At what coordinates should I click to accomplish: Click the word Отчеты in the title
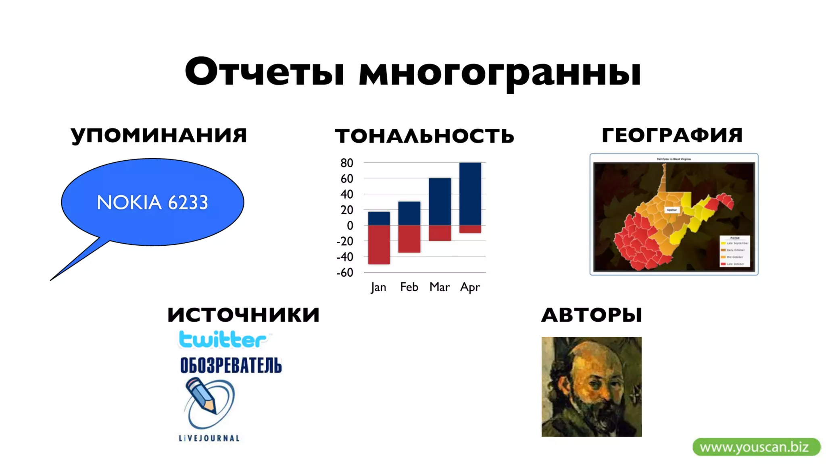264,72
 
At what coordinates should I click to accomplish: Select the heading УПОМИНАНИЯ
159,135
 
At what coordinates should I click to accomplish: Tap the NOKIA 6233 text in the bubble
152,202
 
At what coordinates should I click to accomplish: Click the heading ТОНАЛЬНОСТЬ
424,136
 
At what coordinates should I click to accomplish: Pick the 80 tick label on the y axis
346,163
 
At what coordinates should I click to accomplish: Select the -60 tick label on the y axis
345,273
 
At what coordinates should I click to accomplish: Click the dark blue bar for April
470,193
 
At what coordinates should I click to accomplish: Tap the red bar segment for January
379,244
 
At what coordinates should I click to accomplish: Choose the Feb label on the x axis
409,287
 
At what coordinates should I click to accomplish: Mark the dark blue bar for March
440,201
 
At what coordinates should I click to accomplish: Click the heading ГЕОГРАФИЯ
672,135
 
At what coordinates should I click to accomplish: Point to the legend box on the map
734,251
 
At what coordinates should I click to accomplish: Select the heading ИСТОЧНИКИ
244,315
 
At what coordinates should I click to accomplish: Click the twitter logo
223,340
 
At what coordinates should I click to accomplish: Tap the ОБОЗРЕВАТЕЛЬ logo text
231,365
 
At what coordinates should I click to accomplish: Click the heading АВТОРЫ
591,315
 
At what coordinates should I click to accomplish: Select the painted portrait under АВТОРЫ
591,387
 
